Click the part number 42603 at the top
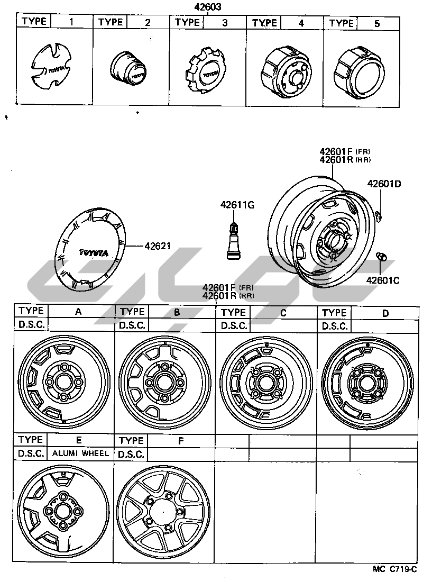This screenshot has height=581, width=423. (x=208, y=7)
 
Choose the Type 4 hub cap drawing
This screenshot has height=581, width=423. (x=284, y=72)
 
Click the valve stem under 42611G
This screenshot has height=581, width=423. (x=233, y=239)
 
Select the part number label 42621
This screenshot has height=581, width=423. (x=158, y=246)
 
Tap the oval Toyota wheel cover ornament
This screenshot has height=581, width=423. (x=90, y=249)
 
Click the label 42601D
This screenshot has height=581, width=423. (x=384, y=184)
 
